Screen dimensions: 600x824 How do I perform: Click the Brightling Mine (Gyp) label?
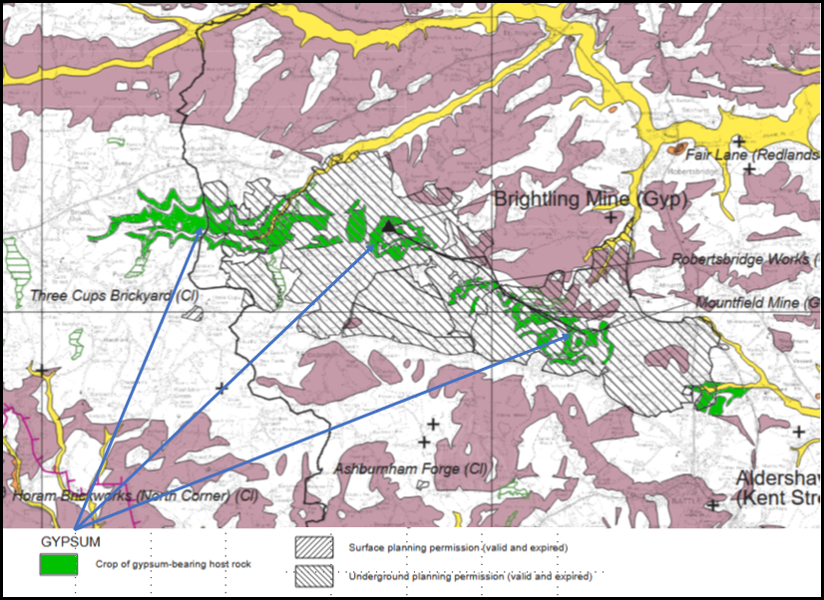point(593,199)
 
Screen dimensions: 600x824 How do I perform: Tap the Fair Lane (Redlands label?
point(752,155)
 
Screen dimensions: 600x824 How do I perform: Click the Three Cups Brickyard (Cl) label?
point(115,296)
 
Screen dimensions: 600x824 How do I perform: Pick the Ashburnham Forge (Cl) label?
point(397,468)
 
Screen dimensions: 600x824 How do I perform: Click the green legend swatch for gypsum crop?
point(59,564)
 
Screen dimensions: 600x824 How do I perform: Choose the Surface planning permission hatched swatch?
point(314,547)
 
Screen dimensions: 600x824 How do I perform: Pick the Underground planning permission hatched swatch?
point(314,576)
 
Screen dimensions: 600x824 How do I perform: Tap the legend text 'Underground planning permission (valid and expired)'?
point(469,576)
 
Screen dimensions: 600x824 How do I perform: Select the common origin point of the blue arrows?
point(76,525)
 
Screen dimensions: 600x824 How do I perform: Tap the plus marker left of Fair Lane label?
point(738,143)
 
